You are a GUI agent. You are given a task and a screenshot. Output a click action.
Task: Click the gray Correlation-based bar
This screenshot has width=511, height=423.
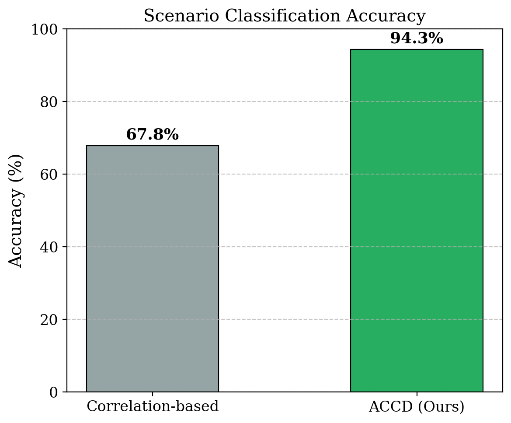tap(153, 269)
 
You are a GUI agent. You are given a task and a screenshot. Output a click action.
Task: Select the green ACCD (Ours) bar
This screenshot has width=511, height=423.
tap(417, 220)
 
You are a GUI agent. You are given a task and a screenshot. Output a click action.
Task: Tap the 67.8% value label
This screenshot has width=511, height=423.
tap(153, 135)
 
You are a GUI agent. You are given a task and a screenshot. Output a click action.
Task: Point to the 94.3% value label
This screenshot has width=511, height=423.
tap(417, 39)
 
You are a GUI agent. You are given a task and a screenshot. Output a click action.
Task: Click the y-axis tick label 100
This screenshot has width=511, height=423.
tap(47, 29)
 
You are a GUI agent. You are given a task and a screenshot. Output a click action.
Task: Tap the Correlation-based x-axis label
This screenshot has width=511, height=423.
tap(153, 407)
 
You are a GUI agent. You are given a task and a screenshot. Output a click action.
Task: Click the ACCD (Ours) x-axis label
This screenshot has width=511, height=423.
tap(417, 407)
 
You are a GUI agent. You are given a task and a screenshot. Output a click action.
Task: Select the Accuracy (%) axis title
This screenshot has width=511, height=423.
tap(16, 210)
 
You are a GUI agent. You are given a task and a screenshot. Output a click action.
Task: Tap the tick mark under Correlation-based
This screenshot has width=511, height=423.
tap(153, 394)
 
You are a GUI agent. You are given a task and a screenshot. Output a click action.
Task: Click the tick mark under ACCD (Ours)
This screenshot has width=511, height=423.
tap(417, 394)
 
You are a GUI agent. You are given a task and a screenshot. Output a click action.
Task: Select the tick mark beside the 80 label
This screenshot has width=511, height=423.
tap(65, 101)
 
